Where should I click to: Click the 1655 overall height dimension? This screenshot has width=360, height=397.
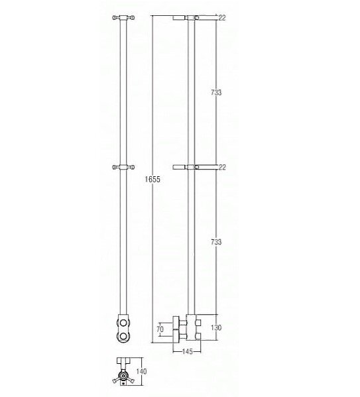click(x=152, y=179)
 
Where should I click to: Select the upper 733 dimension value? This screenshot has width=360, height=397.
click(x=216, y=92)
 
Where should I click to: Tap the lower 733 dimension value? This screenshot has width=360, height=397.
click(x=216, y=242)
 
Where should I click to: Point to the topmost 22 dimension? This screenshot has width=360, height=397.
click(x=222, y=18)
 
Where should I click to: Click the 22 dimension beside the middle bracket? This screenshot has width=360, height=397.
click(x=222, y=167)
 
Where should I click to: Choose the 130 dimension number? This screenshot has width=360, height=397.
click(x=216, y=327)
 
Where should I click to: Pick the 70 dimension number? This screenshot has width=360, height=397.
click(x=160, y=329)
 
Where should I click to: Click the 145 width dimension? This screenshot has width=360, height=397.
click(x=188, y=351)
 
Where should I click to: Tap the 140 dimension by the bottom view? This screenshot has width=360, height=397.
click(x=141, y=371)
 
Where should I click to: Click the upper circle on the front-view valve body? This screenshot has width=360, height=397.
click(x=124, y=323)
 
